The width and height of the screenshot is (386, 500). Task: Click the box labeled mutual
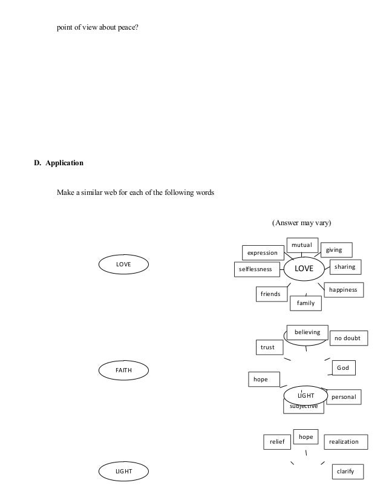coord(301,245)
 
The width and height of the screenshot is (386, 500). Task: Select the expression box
coord(263,252)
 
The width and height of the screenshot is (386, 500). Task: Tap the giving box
coord(334,250)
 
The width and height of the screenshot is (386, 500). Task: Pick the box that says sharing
coord(345,267)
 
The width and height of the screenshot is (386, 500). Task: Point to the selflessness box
coord(256,269)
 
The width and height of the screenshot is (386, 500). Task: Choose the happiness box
coord(343,290)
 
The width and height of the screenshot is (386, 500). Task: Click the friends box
coord(270,294)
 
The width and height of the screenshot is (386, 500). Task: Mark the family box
coord(306,303)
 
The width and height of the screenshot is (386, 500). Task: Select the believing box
coord(307,332)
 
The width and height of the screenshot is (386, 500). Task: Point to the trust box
coord(267,347)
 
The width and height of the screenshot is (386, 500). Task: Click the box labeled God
coord(343,368)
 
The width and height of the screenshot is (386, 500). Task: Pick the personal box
coord(343,397)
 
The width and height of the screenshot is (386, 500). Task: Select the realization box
coord(344,442)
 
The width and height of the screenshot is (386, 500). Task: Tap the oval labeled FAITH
coord(124,369)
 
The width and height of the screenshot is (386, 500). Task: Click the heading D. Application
coord(59,163)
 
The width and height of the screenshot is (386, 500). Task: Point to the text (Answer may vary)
coord(301,223)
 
